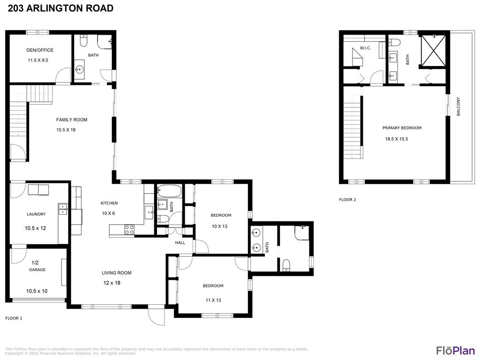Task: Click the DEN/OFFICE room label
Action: tap(40, 50)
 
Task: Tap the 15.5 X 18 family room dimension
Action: tap(66, 130)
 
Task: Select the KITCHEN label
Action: tap(109, 203)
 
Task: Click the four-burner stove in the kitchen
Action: tap(129, 230)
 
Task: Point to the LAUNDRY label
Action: tap(36, 214)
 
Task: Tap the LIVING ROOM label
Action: tap(117, 273)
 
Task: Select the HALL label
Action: tap(180, 242)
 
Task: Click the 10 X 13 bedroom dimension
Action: tap(219, 226)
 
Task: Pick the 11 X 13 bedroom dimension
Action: tap(213, 300)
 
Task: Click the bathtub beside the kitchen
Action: tap(169, 191)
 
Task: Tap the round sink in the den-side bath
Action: tap(80, 70)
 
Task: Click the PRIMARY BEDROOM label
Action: tap(402, 128)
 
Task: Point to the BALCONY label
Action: tap(458, 106)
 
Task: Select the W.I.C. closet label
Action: tap(365, 48)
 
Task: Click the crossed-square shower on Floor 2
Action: tap(434, 51)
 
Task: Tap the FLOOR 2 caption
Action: tap(347, 200)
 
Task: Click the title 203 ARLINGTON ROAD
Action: tap(60, 8)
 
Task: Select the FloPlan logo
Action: tap(456, 350)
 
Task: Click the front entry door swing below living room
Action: tap(156, 315)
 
